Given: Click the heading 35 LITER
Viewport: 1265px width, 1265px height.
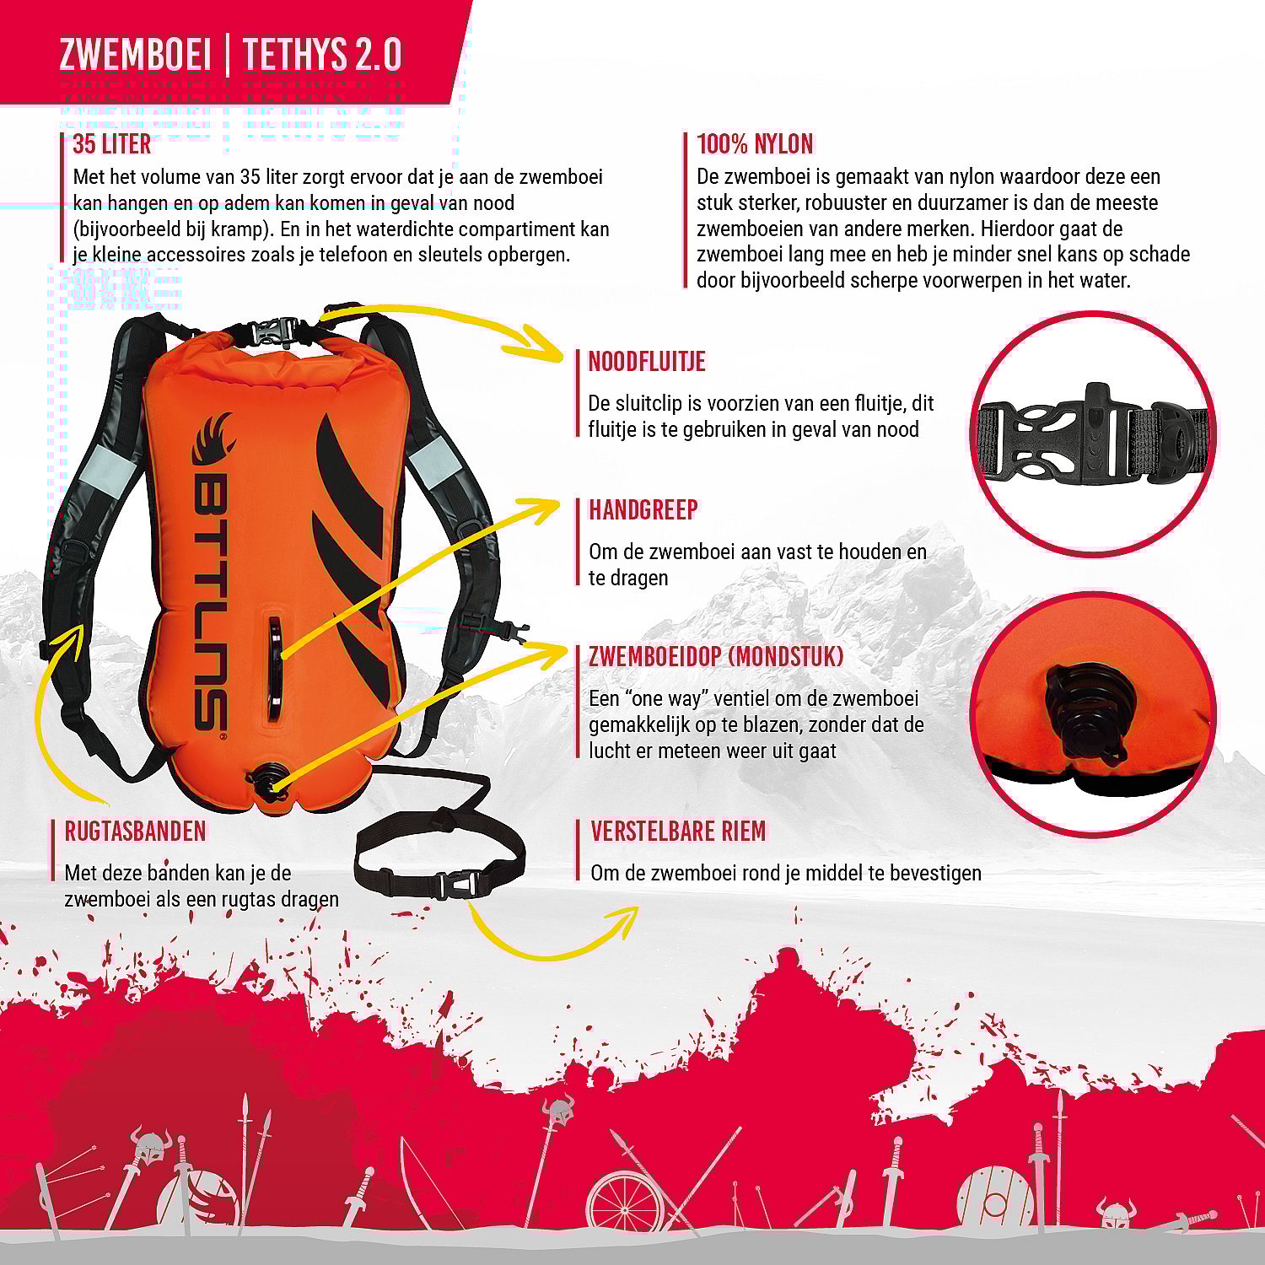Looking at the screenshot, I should [x=111, y=144].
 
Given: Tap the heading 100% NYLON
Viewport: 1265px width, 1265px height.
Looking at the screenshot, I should [x=755, y=144].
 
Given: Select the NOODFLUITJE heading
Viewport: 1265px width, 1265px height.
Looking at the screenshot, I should [x=647, y=362].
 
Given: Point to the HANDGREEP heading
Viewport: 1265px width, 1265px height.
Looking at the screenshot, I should [x=643, y=510].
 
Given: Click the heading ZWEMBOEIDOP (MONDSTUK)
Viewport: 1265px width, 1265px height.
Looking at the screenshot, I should [x=716, y=657].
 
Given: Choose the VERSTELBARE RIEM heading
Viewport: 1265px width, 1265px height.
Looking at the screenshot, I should [x=678, y=832].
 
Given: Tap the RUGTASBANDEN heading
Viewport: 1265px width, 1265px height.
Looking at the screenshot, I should [x=135, y=832].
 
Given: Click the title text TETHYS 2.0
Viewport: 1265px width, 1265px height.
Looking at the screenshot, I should [x=322, y=55].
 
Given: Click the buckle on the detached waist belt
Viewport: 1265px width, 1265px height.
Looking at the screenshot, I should [x=455, y=885].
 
